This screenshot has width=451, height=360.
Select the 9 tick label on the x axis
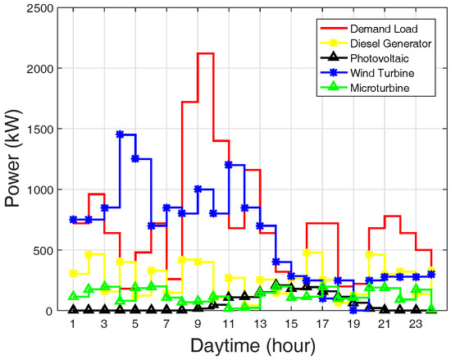(198, 325)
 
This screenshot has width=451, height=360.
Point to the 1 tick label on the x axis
(73, 325)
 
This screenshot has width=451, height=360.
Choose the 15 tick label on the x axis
(291, 325)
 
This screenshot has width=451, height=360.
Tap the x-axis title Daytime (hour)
(252, 346)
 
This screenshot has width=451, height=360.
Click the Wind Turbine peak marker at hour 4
(120, 134)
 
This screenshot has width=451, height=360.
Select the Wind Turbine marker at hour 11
(229, 165)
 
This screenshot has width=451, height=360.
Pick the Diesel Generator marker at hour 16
(307, 253)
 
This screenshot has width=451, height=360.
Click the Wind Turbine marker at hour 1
(73, 220)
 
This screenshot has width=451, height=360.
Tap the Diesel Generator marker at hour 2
(89, 254)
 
